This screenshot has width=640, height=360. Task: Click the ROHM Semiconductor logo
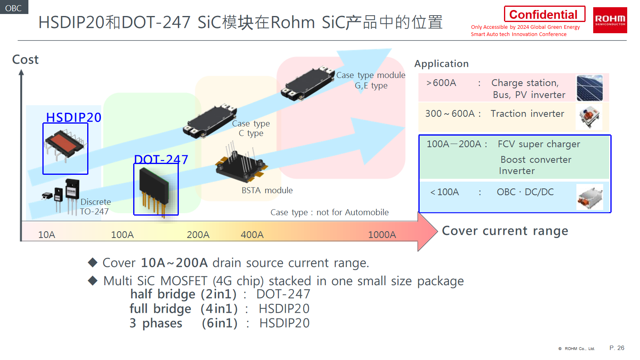click(610, 20)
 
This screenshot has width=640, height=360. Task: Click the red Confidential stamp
click(544, 14)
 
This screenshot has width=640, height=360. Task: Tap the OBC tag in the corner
click(14, 8)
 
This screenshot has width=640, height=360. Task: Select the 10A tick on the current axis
click(46, 235)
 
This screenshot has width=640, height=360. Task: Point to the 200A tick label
click(198, 235)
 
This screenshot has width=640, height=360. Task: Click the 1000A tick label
click(382, 235)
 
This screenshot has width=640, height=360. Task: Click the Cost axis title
click(25, 60)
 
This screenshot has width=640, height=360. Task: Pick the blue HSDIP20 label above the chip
click(74, 117)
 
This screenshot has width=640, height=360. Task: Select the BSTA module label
click(267, 190)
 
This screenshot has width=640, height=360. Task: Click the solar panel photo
click(589, 88)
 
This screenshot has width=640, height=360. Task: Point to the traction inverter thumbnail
click(589, 117)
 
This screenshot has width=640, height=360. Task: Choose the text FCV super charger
click(538, 144)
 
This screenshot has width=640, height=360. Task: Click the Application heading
click(441, 64)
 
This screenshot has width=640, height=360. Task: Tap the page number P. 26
click(616, 348)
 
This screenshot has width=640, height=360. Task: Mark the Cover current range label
click(505, 231)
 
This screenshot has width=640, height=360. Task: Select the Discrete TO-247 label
click(95, 207)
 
